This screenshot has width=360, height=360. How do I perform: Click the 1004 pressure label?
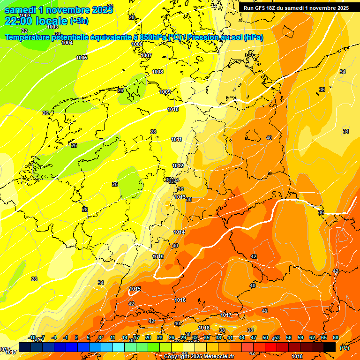coord(67,43)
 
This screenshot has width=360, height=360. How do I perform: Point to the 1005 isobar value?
coord(82,58)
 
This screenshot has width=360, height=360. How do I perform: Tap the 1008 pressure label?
coord(157,72)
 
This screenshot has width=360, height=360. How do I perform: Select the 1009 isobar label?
coord(165,92)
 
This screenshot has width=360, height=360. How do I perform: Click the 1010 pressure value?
coord(173,109)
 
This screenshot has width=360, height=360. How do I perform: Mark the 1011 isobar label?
coord(176,139)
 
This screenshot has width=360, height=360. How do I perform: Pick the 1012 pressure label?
coord(178,165)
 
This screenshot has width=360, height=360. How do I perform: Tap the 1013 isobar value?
coord(180,197)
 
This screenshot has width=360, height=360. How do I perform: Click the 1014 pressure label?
coord(179,232)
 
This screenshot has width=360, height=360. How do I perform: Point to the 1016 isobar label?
coord(180,300)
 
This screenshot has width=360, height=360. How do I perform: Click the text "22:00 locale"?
coord(36,21)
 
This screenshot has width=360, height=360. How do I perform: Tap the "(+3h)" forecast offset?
coord(79,21)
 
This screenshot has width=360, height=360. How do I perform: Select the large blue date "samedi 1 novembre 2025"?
coord(58,9)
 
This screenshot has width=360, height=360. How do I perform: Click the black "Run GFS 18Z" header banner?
coord(296,7)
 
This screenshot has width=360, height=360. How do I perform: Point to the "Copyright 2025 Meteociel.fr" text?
coord(199,357)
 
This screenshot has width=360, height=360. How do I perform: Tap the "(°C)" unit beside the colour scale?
coord(344,348)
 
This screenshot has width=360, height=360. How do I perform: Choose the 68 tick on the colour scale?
coord(336,337)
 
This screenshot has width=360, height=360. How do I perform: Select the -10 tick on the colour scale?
coord(32,337)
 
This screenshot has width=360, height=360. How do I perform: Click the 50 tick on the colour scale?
coord(265,337)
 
